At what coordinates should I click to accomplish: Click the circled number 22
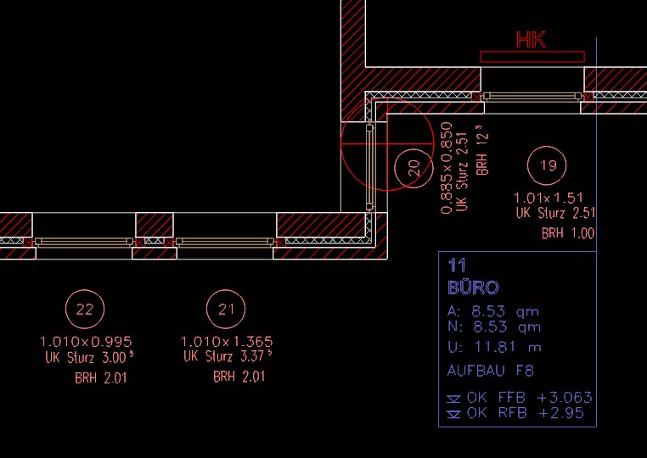coord(85,309)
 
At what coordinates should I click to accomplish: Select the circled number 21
coord(226,309)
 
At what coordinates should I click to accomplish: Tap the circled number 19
coord(547,165)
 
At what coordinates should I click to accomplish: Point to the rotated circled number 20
coord(414,168)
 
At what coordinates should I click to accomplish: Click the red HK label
coord(531,40)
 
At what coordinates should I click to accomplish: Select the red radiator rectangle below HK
coord(532,57)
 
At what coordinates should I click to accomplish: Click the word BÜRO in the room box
coord(473,288)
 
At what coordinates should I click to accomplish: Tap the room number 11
coord(457,265)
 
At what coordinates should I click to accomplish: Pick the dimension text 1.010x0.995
coord(86,342)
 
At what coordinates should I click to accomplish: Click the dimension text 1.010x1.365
coord(227,342)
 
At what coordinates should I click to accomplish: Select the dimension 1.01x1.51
coord(549,198)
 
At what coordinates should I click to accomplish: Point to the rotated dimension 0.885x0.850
coord(447,168)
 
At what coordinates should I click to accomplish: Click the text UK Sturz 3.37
coord(228,355)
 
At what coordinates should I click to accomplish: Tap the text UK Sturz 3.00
coord(89,357)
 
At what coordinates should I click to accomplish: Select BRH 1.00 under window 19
coord(568,233)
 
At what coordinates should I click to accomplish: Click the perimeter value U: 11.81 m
coord(494,347)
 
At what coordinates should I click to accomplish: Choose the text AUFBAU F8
coord(490,371)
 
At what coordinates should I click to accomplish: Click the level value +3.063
coord(565,398)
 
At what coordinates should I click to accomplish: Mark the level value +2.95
coord(561,413)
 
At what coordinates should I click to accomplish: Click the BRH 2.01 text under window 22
coord(101,377)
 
